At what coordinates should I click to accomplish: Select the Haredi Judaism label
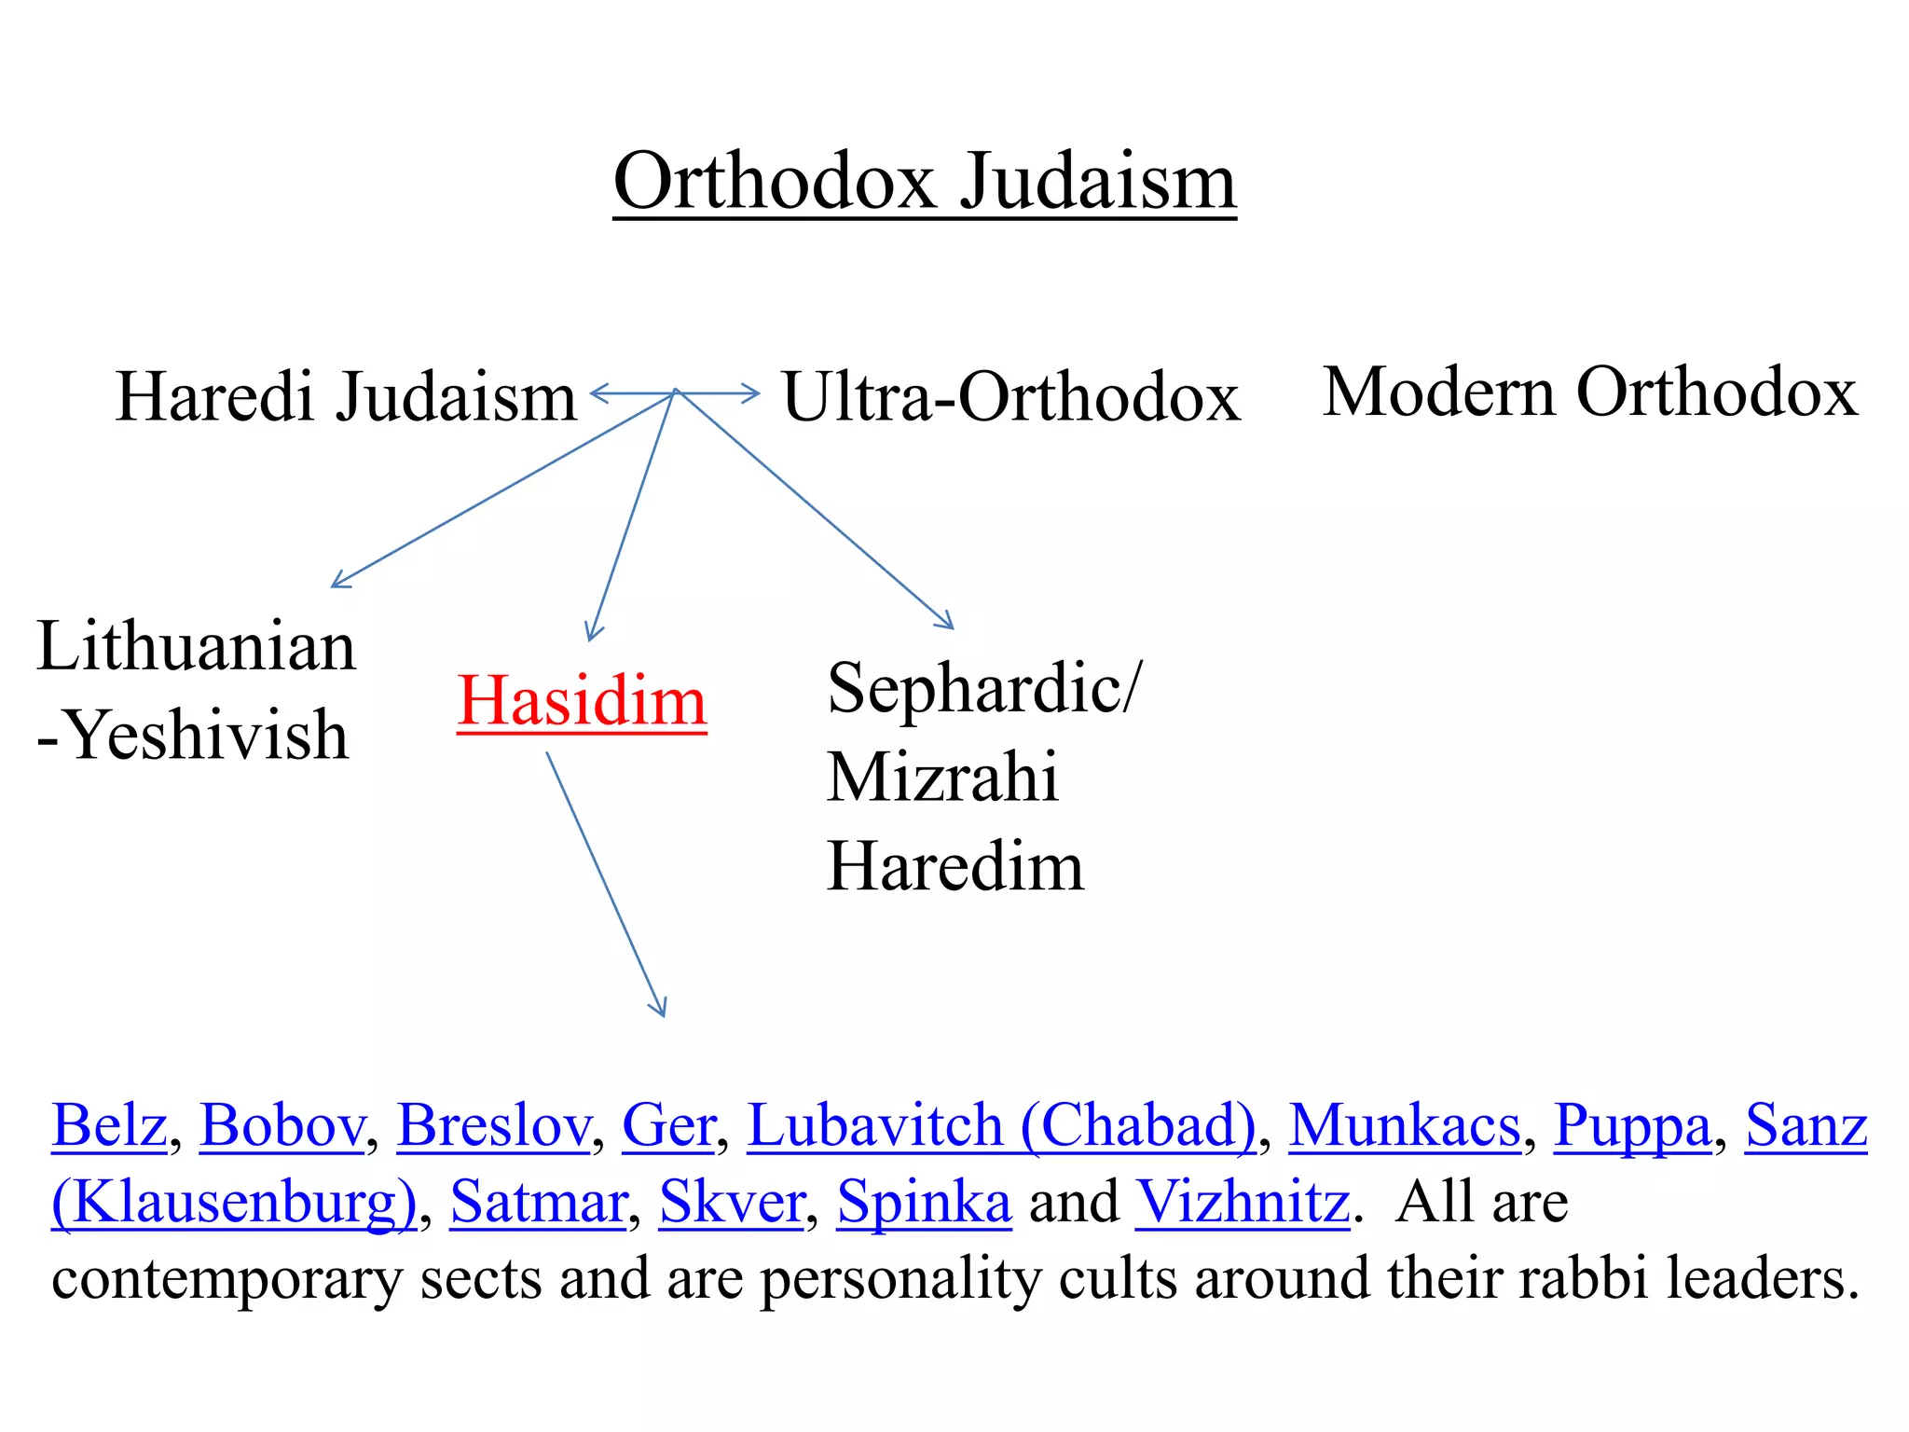[346, 396]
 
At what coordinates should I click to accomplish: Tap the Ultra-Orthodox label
[1010, 396]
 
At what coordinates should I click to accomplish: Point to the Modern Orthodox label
[1589, 392]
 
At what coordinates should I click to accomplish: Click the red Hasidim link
[582, 701]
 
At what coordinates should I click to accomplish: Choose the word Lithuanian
[196, 646]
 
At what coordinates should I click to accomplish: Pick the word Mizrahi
[942, 777]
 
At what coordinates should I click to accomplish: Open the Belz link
[109, 1125]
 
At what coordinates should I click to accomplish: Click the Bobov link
[282, 1125]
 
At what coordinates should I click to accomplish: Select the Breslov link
[493, 1125]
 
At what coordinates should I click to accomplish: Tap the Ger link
[667, 1125]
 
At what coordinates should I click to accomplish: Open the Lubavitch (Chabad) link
[1001, 1125]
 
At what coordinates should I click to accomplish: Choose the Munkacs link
[1404, 1125]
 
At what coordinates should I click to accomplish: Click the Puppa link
[1632, 1125]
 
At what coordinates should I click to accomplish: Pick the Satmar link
[538, 1202]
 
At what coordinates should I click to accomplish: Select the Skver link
[732, 1202]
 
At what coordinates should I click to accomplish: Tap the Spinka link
[924, 1202]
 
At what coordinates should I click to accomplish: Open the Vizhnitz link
[1242, 1202]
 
